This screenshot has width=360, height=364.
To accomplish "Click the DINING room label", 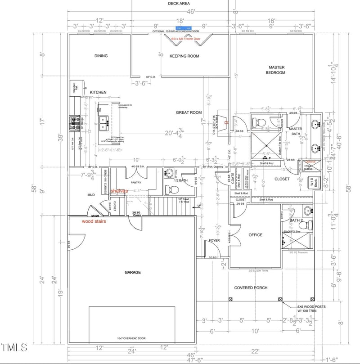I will [101, 56].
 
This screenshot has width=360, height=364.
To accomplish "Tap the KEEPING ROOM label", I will [184, 56].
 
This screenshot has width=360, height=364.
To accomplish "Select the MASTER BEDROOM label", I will [275, 70].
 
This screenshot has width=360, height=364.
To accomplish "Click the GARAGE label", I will [133, 272].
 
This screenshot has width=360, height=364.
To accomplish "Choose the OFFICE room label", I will [256, 235].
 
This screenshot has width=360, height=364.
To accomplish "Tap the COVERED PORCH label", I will [251, 288].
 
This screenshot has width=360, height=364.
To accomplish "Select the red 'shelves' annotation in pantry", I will [119, 191].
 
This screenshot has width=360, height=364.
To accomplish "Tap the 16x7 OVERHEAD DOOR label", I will [133, 338].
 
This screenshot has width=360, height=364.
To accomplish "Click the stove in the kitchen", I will [74, 121].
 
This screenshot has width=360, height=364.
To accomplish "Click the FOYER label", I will [214, 241].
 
